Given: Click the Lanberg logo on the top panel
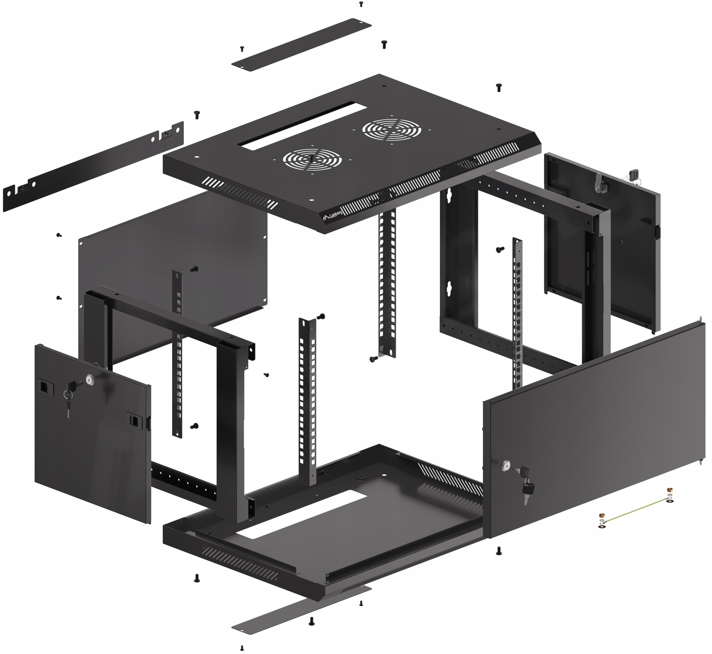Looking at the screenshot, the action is point(332,215).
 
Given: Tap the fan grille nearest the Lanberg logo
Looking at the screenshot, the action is point(312,160).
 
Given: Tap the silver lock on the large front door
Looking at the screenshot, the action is point(506,466).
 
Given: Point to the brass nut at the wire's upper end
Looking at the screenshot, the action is point(669,490).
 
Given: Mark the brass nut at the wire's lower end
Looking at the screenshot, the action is point(602,515).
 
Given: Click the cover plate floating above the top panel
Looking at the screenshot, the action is point(301,44).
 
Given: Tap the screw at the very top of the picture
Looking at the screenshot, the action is point(361,4).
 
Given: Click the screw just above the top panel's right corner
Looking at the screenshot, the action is point(499,87).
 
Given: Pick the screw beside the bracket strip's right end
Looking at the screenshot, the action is point(197,115).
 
